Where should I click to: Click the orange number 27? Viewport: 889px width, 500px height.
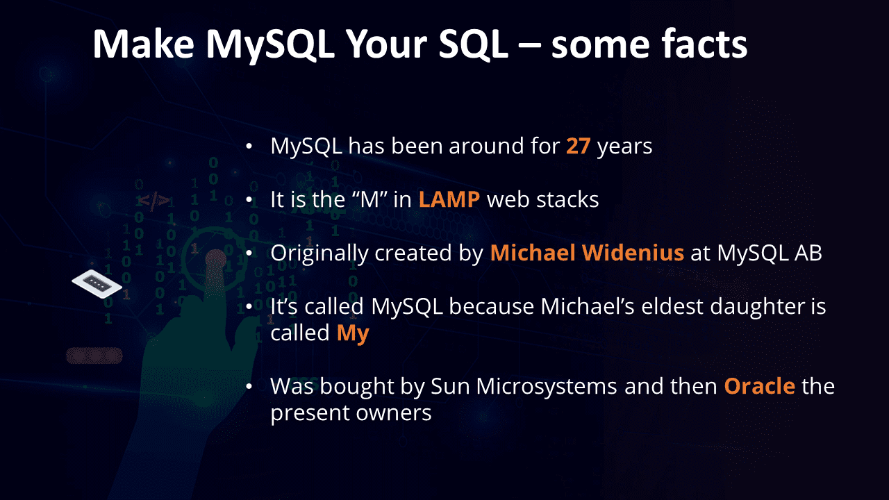click(x=579, y=146)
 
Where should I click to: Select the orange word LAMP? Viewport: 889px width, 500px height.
click(x=449, y=199)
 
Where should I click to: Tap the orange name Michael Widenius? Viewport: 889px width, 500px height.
click(x=587, y=253)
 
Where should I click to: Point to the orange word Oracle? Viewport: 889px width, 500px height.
click(x=760, y=385)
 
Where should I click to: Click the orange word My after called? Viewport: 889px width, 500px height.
click(x=353, y=333)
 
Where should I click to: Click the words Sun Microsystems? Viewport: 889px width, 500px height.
click(x=524, y=387)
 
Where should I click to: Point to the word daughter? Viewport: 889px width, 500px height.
click(x=747, y=307)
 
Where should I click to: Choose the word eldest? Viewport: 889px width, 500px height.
click(x=672, y=306)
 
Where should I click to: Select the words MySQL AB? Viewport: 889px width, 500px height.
click(x=769, y=253)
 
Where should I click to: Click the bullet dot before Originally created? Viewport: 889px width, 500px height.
click(x=249, y=253)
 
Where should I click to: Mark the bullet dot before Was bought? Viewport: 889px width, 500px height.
click(x=249, y=386)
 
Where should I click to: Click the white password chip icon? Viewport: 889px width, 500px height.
click(x=97, y=284)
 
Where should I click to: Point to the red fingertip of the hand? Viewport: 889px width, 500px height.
click(x=215, y=259)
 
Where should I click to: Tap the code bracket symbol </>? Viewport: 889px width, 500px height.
click(x=153, y=201)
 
